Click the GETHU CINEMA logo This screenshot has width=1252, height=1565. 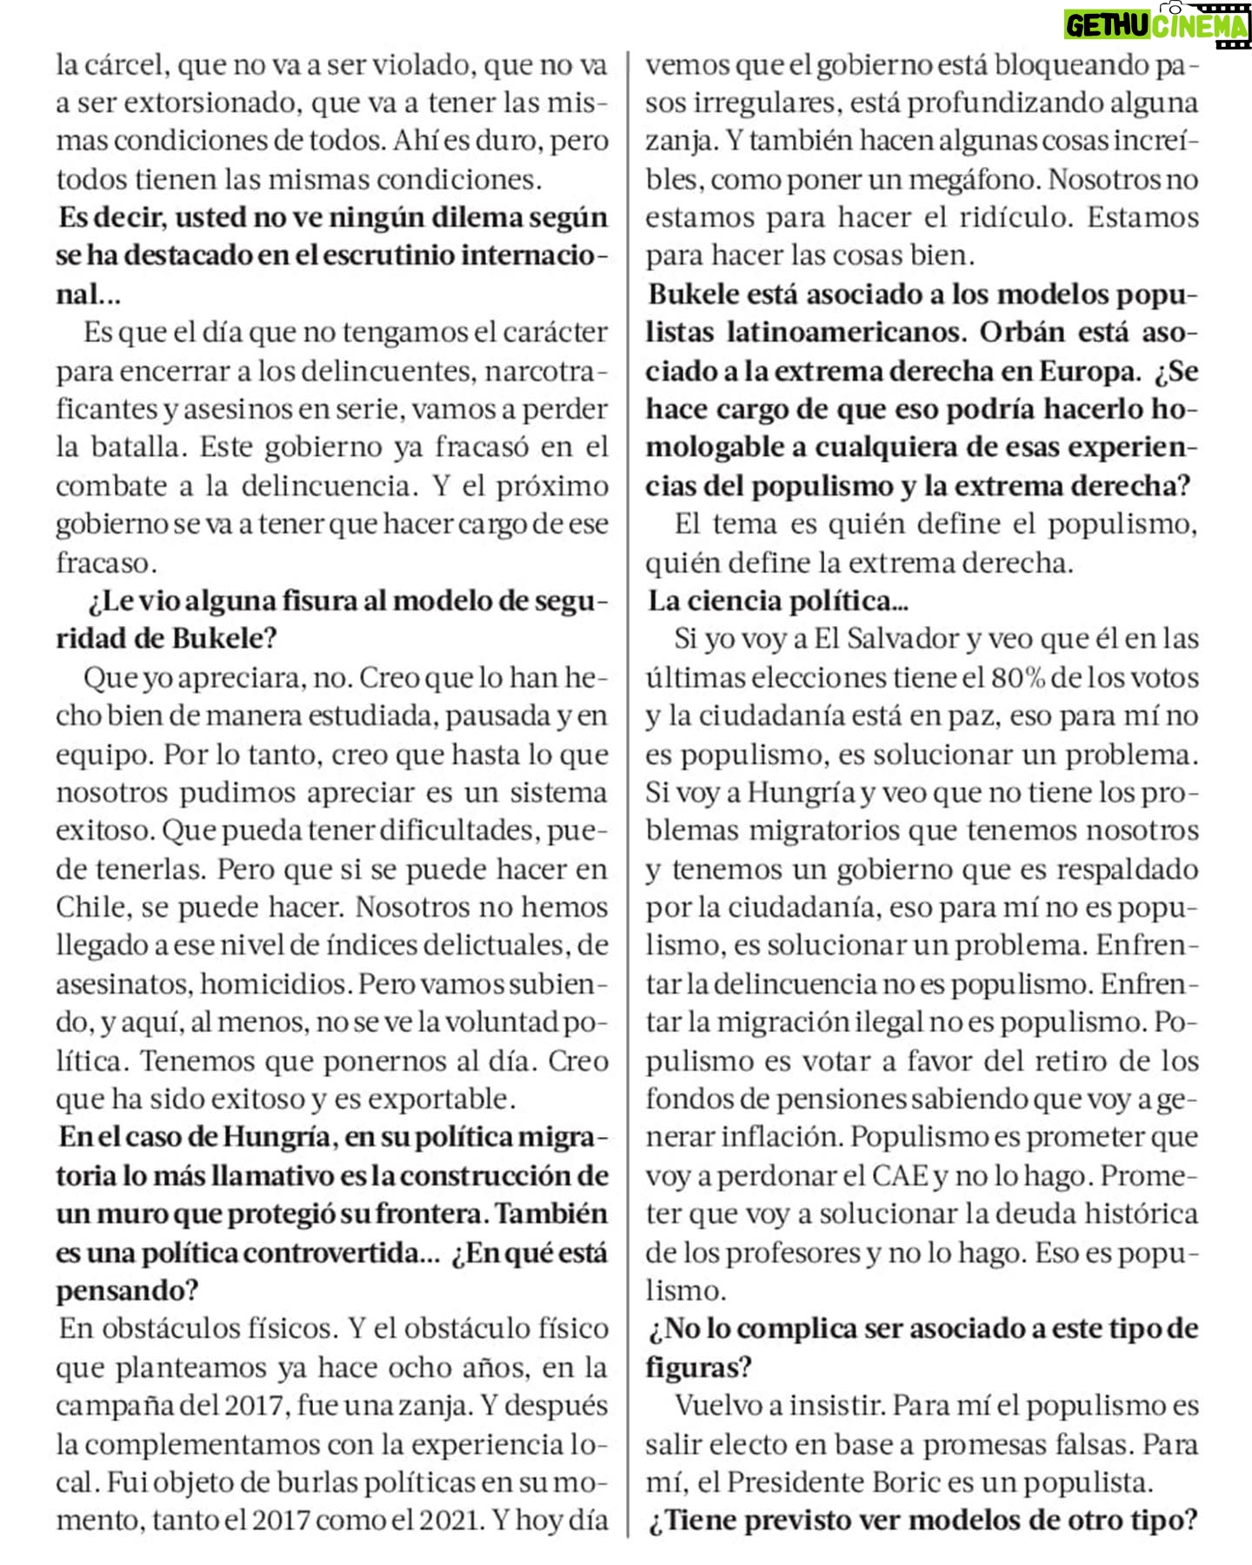(x=1157, y=24)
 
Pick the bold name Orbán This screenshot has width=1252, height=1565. (x=1022, y=333)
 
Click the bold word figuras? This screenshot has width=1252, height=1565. (x=698, y=1368)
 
